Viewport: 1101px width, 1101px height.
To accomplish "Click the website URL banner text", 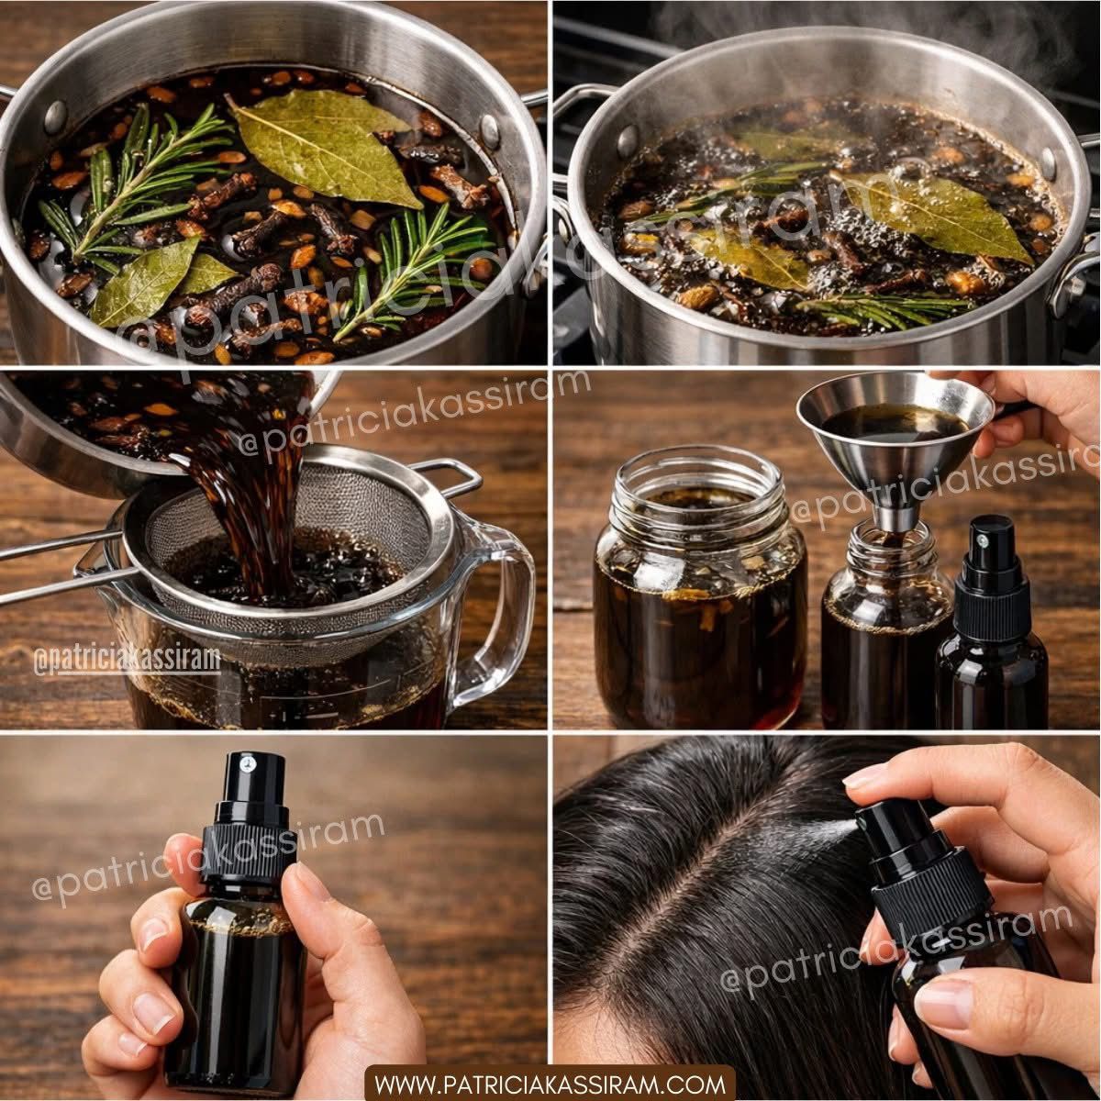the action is tap(550, 1084).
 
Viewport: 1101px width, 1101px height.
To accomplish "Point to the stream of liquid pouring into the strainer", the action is tap(251, 497).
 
